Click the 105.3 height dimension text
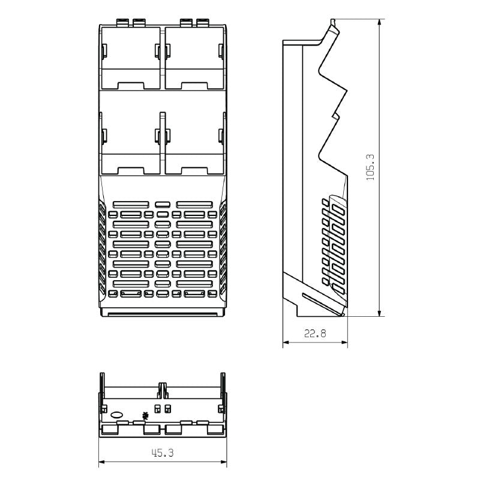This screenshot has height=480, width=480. [x=370, y=167]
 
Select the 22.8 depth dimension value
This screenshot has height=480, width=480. [x=315, y=334]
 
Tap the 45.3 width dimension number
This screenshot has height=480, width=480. [x=162, y=454]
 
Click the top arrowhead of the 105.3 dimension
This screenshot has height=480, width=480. [x=380, y=22]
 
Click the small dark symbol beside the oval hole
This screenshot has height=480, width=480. [x=144, y=415]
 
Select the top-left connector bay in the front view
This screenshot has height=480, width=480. [x=131, y=57]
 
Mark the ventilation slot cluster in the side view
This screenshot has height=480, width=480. [x=334, y=243]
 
